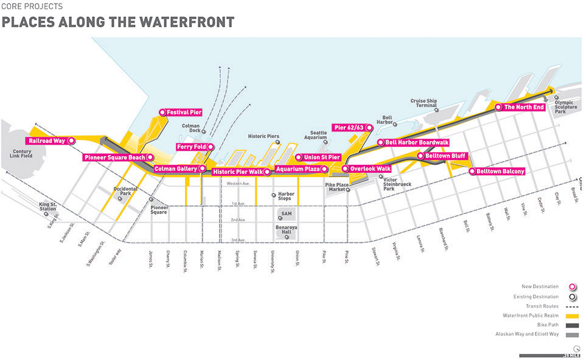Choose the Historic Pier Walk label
242,172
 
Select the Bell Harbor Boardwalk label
413,142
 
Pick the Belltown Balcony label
496,171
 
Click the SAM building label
286,215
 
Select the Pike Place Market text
336,187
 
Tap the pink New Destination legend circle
571,287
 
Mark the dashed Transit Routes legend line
571,306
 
